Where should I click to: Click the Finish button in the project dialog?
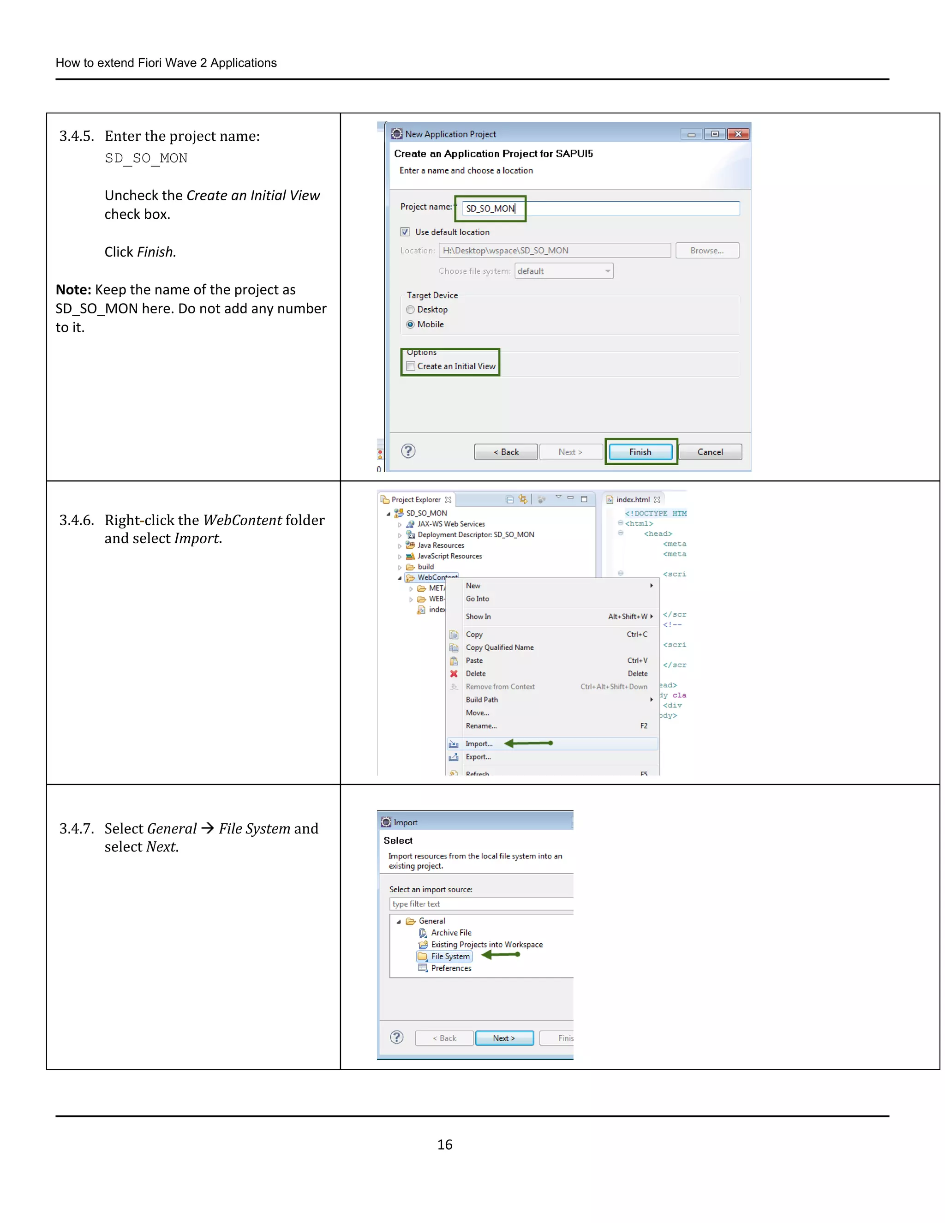point(640,452)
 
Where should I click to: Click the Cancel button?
point(710,452)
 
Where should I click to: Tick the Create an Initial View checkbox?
point(411,366)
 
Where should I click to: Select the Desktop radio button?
point(410,310)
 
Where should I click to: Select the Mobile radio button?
point(410,324)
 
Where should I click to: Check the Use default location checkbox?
point(405,232)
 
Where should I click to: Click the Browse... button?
point(706,250)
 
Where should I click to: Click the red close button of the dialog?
point(738,134)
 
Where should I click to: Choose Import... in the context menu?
point(479,743)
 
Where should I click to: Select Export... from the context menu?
point(478,756)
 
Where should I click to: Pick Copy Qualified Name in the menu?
point(499,647)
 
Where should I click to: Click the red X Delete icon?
point(454,674)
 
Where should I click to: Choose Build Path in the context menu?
point(481,699)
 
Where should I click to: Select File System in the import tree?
point(450,956)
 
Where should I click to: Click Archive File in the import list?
point(451,932)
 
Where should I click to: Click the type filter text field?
point(481,904)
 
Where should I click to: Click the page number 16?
point(444,1145)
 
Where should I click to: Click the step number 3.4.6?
point(77,520)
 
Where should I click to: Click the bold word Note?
point(73,289)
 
